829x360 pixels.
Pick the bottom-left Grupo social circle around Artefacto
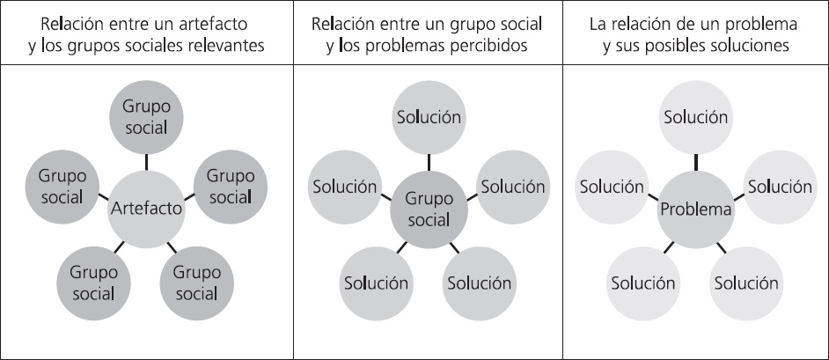[94, 282]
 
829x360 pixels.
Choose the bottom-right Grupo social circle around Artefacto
[196, 282]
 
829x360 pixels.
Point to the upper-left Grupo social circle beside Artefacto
[62, 186]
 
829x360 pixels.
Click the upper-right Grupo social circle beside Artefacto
[231, 186]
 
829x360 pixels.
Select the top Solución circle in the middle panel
[429, 117]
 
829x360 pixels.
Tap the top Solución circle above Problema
[696, 117]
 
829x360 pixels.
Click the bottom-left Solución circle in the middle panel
[377, 283]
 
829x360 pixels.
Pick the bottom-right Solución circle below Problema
[746, 283]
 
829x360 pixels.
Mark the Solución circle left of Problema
[612, 187]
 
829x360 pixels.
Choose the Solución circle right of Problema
[780, 187]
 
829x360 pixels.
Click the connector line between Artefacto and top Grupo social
[146, 161]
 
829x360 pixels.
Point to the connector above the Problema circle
[696, 161]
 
